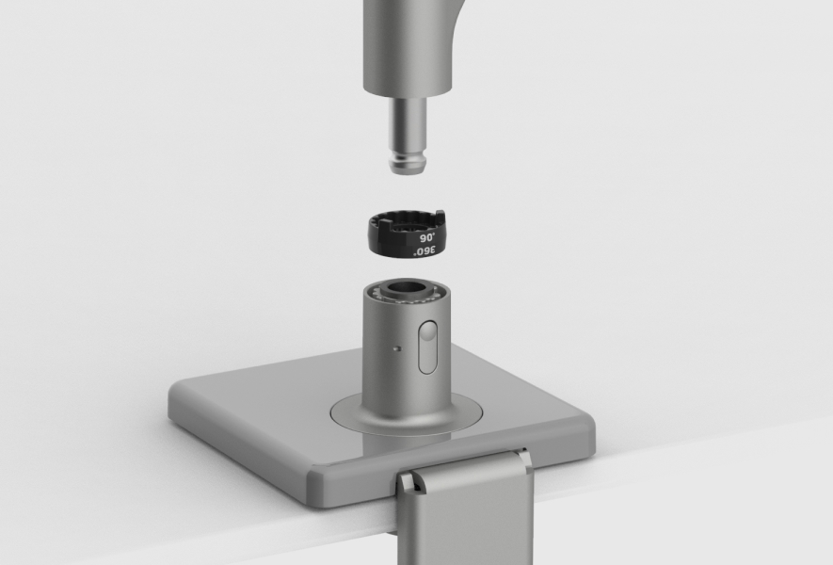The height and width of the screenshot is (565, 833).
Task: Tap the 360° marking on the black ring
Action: pos(425,252)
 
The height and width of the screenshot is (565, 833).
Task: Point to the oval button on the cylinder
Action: pos(426,346)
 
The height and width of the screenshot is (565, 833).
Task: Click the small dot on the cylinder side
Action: pos(398,348)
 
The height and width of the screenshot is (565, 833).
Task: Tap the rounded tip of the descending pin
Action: pos(407,169)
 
